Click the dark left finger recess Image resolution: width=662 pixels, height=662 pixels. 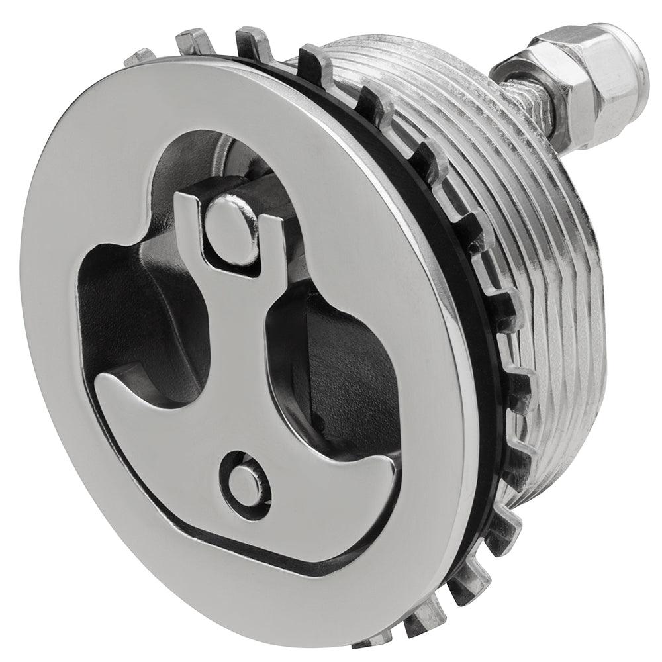(146, 311)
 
